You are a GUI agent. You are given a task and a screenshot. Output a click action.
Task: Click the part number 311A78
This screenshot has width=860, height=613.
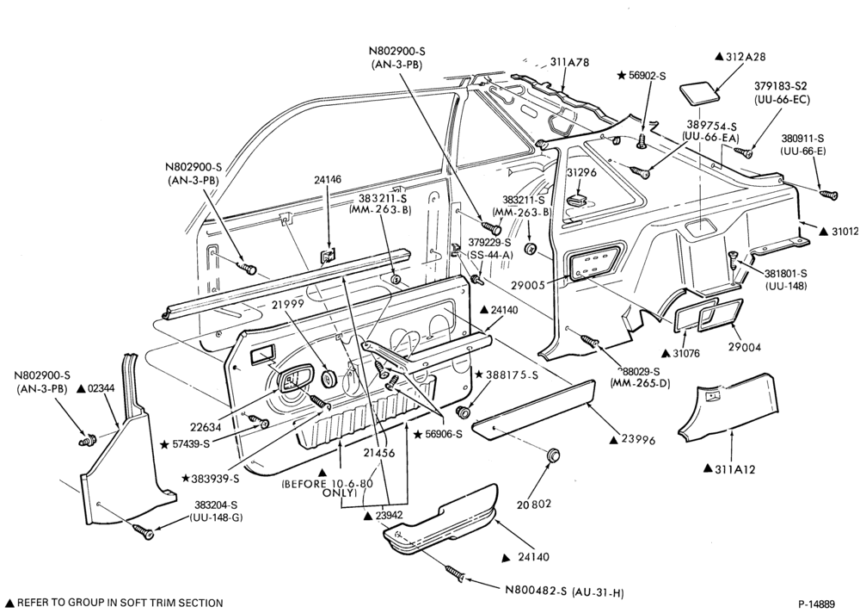[x=569, y=63]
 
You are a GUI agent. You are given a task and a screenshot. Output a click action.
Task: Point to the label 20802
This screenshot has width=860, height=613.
[x=533, y=504]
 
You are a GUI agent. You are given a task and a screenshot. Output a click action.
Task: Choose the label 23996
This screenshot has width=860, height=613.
[x=638, y=440]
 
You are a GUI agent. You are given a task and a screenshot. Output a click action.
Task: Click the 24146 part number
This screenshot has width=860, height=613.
[x=328, y=180]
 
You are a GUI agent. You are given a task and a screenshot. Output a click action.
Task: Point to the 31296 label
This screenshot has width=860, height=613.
[x=580, y=172]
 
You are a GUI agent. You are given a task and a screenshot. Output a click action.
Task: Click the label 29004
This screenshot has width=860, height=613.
[x=744, y=347]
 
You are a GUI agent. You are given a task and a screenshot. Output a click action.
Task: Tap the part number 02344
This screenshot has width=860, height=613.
[x=101, y=388]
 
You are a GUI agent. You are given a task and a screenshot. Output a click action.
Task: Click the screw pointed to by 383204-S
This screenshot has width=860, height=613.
[x=142, y=530]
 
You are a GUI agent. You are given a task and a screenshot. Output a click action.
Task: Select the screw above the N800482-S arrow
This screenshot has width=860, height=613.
[x=457, y=573]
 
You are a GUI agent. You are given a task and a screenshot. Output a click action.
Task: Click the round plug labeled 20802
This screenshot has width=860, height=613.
[x=554, y=455]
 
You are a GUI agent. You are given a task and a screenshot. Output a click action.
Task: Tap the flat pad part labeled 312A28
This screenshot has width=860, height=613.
[x=700, y=92]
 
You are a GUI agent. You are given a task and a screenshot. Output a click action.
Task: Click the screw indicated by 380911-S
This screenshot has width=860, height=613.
[x=829, y=195]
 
